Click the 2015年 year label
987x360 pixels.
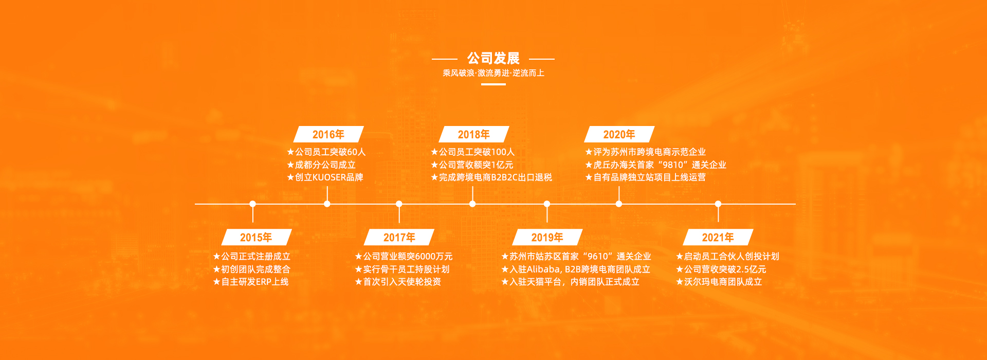(256, 237)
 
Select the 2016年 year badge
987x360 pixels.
(328, 134)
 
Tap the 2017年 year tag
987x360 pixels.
(399, 237)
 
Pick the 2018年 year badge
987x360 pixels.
(473, 134)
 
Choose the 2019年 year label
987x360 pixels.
(547, 237)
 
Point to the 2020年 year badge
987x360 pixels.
(619, 134)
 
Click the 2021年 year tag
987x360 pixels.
(718, 237)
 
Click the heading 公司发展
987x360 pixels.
(493, 58)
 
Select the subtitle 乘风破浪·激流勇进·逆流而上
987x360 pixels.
(493, 73)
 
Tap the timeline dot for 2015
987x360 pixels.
(252, 204)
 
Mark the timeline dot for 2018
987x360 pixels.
(472, 204)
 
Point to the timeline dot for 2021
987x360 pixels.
(718, 204)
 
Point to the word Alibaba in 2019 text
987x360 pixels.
(543, 269)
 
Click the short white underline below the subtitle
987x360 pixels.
(493, 84)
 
